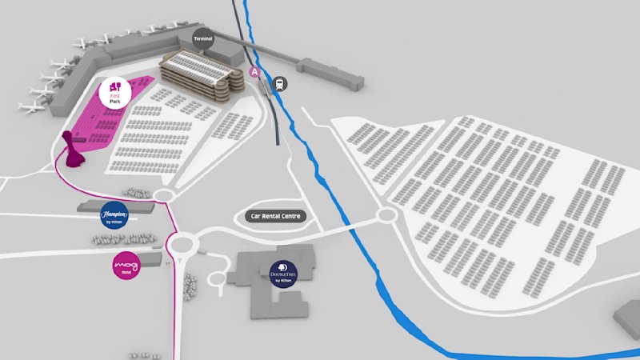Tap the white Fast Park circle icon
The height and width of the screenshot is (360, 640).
click(x=114, y=93)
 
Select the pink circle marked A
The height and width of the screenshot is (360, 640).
click(x=255, y=72)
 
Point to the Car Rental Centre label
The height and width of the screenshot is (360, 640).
click(x=274, y=216)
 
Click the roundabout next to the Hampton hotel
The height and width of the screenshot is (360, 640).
click(x=166, y=195)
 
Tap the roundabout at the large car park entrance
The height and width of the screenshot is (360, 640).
click(x=387, y=215)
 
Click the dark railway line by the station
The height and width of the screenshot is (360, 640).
click(x=272, y=112)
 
